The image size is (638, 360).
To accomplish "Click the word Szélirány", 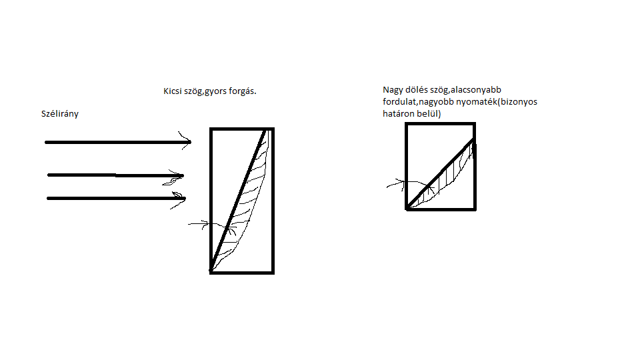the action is pyautogui.click(x=60, y=114).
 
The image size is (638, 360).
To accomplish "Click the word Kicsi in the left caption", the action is pyautogui.click(x=173, y=91).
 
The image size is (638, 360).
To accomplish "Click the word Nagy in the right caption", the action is pyautogui.click(x=393, y=90).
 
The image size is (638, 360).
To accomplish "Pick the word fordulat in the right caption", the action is pyautogui.click(x=399, y=102).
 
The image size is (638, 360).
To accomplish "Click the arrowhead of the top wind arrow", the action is pyautogui.click(x=185, y=141).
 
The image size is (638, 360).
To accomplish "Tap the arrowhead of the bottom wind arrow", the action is pyautogui.click(x=178, y=200).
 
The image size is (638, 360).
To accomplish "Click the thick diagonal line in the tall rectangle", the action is pyautogui.click(x=237, y=200).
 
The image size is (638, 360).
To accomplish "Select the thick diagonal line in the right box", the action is pyautogui.click(x=440, y=174).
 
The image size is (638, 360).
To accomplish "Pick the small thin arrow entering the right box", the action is pyautogui.click(x=410, y=184).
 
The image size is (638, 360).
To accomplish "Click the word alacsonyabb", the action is pyautogui.click(x=475, y=90).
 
